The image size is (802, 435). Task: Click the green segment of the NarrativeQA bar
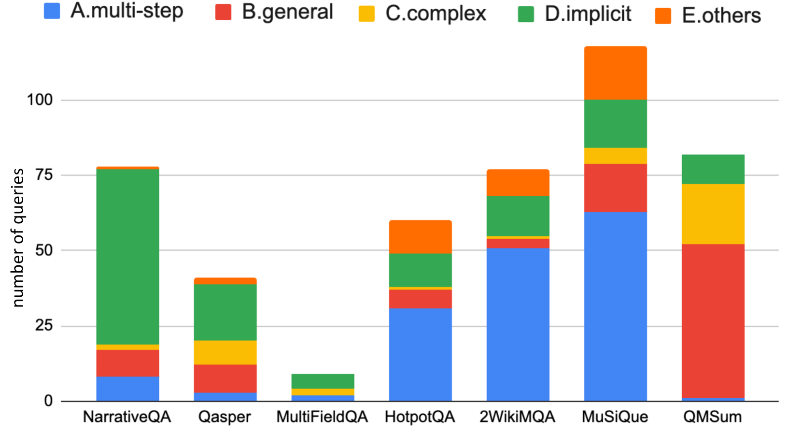pyautogui.click(x=127, y=256)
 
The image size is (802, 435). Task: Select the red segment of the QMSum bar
pyautogui.click(x=713, y=321)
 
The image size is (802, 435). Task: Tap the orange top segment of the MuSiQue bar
pyautogui.click(x=615, y=73)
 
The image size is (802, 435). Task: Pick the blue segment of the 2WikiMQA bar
pyautogui.click(x=518, y=324)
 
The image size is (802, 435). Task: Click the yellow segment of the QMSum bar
pyautogui.click(x=713, y=214)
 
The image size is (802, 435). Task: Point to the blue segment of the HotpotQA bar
pyautogui.click(x=420, y=354)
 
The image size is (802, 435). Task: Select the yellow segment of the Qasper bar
pyautogui.click(x=225, y=352)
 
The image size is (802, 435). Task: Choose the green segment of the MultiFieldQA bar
pyautogui.click(x=323, y=381)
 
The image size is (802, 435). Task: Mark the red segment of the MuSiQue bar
pyautogui.click(x=615, y=188)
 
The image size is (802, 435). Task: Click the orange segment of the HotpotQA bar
pyautogui.click(x=420, y=237)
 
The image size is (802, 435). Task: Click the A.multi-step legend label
pyautogui.click(x=127, y=11)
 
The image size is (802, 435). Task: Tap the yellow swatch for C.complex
pyautogui.click(x=366, y=14)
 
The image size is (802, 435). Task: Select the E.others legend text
pyautogui.click(x=721, y=15)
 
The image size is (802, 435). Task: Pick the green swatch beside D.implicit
pyautogui.click(x=526, y=14)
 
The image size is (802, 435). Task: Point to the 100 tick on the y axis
pyautogui.click(x=40, y=100)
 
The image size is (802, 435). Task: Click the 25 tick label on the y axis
pyautogui.click(x=43, y=326)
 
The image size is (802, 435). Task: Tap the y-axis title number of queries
pyautogui.click(x=17, y=237)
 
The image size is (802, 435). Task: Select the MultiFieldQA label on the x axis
pyautogui.click(x=322, y=417)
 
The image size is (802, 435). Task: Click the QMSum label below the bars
pyautogui.click(x=712, y=417)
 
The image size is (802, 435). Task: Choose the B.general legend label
pyautogui.click(x=287, y=12)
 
